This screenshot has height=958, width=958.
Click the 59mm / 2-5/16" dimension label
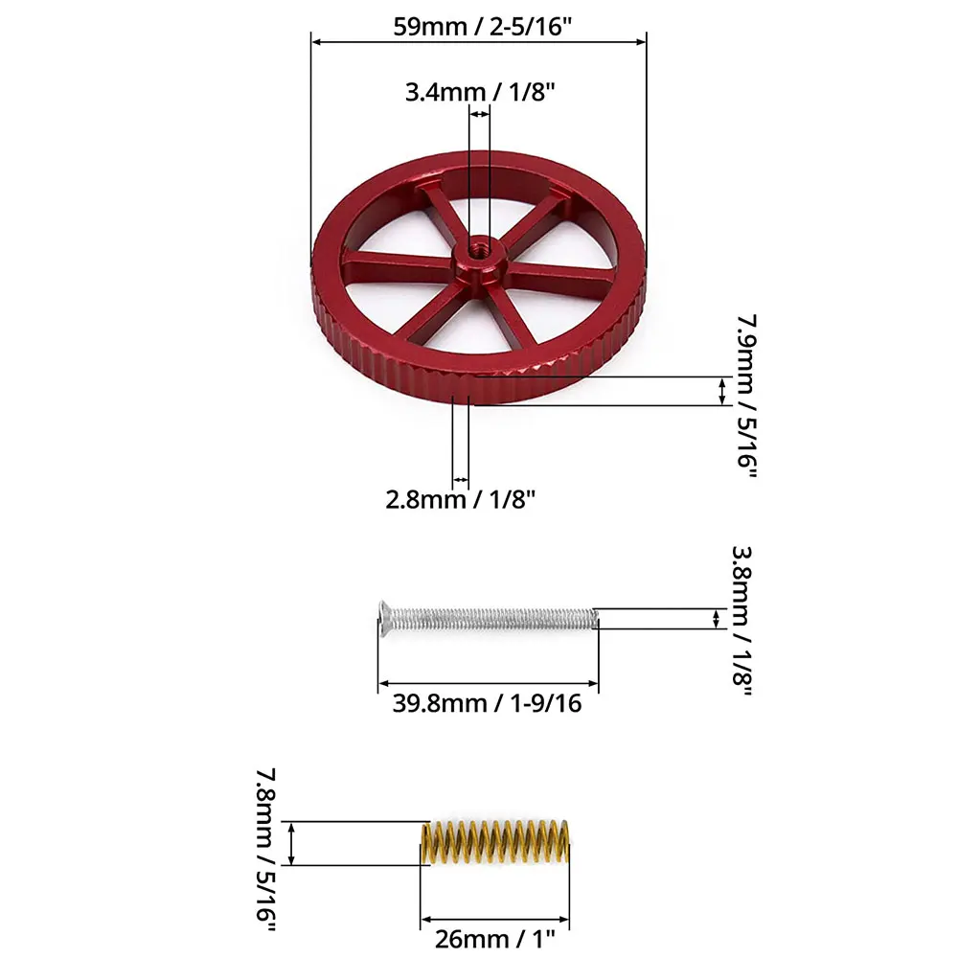[482, 27]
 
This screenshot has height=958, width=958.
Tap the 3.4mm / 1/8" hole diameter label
[480, 92]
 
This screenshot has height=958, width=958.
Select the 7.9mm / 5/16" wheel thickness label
[746, 397]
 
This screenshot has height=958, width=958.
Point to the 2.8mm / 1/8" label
[460, 499]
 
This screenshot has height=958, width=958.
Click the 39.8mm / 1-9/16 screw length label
[487, 703]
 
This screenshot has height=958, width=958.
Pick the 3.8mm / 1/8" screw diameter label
[741, 621]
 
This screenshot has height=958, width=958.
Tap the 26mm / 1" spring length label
[495, 938]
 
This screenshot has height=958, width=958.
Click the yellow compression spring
[495, 842]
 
